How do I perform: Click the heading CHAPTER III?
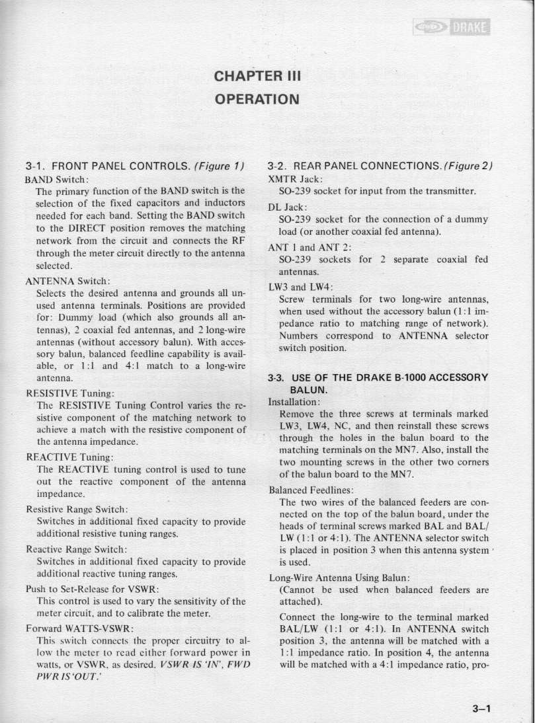(x=258, y=76)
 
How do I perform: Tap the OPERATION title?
(x=258, y=99)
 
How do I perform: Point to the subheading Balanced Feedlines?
(x=310, y=491)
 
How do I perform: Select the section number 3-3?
(x=276, y=378)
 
